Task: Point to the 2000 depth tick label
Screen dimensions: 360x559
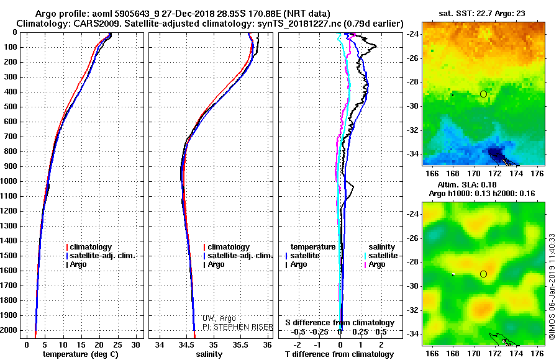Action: (x=11, y=330)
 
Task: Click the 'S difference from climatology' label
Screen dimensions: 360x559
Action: (x=340, y=323)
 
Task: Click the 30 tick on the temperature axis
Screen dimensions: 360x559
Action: (x=136, y=344)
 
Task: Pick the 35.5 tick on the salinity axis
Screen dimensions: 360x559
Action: (x=240, y=344)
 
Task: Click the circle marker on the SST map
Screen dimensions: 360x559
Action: (x=483, y=94)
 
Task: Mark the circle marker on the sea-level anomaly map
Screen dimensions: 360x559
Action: (x=483, y=274)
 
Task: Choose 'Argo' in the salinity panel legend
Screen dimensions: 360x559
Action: (x=216, y=264)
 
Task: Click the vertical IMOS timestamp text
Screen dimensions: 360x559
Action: (x=552, y=273)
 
